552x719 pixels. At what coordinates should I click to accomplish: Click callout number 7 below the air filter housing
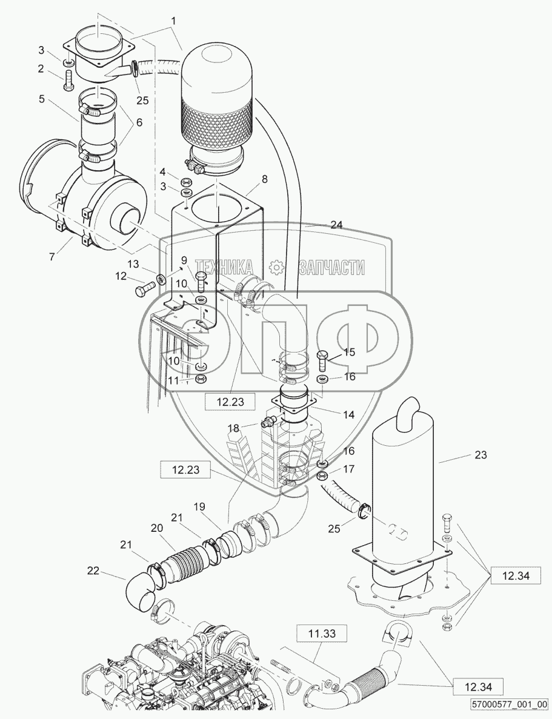coord(53,256)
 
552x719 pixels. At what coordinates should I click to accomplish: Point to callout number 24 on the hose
coord(337,225)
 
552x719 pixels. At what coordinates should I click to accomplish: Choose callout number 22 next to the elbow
coord(93,569)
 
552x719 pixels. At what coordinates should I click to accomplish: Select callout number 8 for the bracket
coord(264,179)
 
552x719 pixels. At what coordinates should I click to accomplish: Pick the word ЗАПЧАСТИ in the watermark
coord(331,266)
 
